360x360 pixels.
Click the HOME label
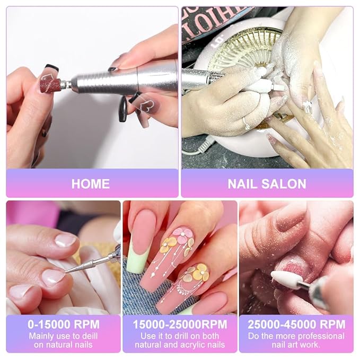(x=91, y=184)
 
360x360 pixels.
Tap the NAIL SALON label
(x=267, y=184)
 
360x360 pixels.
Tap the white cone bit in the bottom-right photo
(x=285, y=278)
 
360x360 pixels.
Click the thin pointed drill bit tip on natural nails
(x=69, y=270)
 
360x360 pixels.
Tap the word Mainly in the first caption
(x=42, y=336)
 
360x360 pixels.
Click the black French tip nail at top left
(x=51, y=68)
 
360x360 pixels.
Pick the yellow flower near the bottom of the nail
(x=200, y=273)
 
